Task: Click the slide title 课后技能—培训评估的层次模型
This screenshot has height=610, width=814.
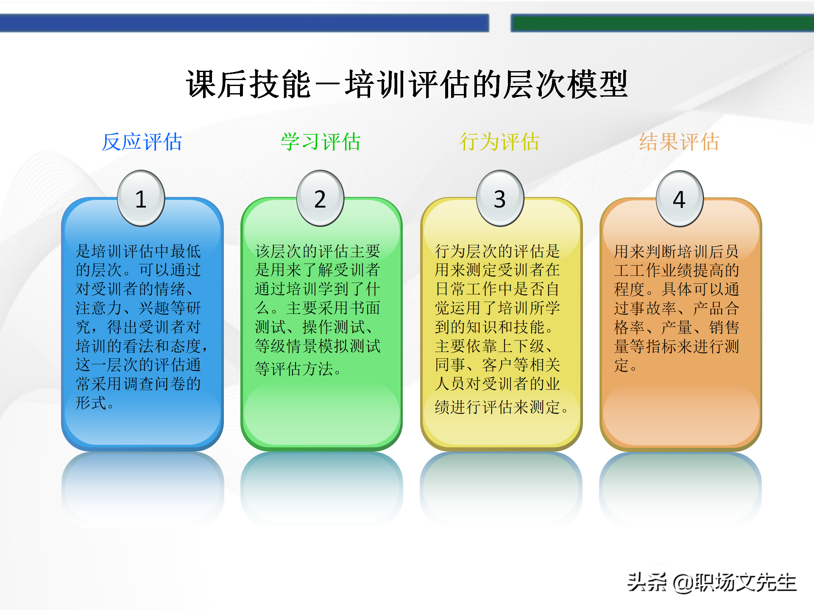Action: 407,84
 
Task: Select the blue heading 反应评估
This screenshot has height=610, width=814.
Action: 142,142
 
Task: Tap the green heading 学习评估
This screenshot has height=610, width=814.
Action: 321,142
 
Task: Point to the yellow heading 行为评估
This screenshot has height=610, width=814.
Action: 500,142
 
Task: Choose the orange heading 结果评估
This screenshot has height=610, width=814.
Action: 679,142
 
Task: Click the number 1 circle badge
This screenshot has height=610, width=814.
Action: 141,198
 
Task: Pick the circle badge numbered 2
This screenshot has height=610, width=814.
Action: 320,198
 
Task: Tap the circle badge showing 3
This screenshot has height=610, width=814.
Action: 500,198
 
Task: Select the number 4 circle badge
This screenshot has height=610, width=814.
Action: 679,198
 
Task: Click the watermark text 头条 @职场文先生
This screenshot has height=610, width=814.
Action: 712,583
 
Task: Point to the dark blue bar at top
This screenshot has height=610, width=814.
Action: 244,23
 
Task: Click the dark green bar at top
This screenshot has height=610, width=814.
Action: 662,23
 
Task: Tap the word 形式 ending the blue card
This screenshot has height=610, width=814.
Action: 91,403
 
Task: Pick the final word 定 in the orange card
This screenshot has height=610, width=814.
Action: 622,365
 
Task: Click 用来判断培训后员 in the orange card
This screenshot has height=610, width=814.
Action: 676,252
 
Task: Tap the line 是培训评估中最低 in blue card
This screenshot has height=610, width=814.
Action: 138,252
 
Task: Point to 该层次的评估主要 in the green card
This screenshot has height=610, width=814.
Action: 318,252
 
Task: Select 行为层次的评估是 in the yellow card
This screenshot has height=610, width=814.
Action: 497,252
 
